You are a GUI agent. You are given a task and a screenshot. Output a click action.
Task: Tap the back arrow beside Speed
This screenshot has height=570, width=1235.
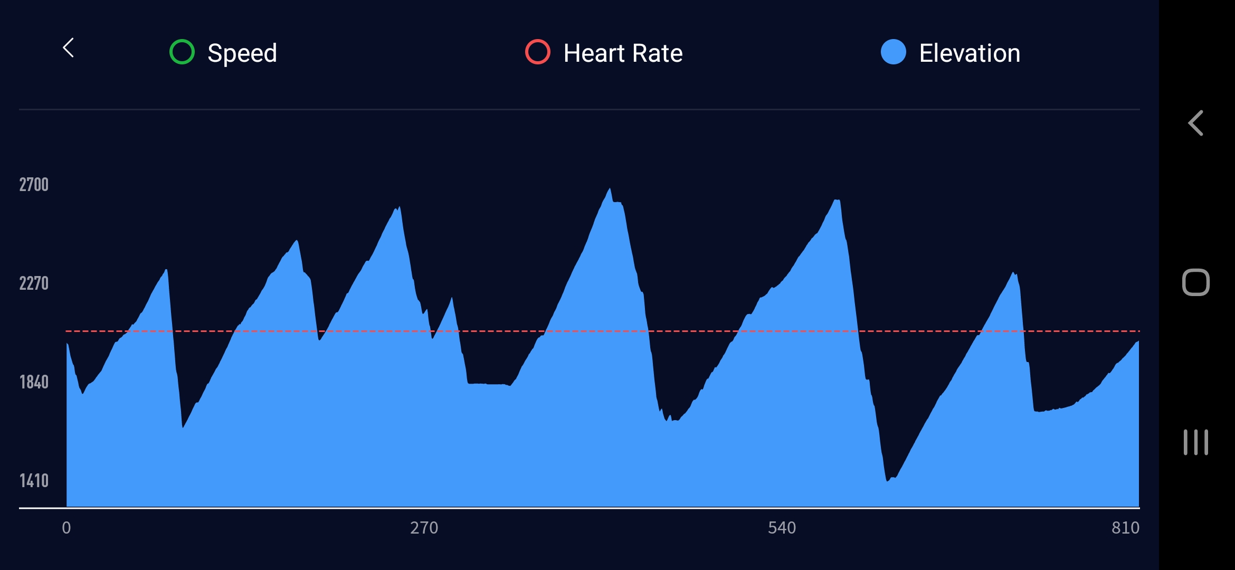pos(69,48)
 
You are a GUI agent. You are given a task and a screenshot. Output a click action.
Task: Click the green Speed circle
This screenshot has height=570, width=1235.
pos(182,52)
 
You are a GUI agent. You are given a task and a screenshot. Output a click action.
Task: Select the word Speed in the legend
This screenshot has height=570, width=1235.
pos(242,53)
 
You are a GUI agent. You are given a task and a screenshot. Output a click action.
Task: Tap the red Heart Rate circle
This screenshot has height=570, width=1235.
pos(538,52)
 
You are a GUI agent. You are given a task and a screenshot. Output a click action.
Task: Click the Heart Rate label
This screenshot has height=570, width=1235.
pos(623,53)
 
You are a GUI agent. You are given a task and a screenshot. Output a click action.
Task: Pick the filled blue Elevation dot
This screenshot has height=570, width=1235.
pos(894,52)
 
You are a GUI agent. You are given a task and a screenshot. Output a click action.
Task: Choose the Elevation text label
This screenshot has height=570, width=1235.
pos(970,53)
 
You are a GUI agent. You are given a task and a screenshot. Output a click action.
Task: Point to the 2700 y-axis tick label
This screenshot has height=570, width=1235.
pos(34,185)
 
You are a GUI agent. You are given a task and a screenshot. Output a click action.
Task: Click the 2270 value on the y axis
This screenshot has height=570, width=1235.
pos(34,283)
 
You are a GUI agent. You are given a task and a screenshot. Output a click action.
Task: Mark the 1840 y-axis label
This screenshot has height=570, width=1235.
pos(34,382)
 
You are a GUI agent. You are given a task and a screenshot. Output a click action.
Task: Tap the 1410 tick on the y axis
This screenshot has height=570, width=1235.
pos(34,481)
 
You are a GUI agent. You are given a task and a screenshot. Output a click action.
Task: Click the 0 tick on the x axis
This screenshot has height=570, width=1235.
pos(66,528)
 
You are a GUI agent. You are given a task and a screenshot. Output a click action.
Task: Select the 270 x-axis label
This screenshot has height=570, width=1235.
pos(424,528)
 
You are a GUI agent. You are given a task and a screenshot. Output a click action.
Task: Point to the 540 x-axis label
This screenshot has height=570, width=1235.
pos(782,528)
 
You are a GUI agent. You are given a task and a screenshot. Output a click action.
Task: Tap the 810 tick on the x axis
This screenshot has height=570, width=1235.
pos(1125,528)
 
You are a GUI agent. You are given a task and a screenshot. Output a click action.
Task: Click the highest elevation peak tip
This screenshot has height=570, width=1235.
pos(610,189)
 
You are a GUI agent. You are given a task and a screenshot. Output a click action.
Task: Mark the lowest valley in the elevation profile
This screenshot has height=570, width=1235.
pos(888,480)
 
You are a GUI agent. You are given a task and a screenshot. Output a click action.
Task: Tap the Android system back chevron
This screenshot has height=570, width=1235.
pos(1195,123)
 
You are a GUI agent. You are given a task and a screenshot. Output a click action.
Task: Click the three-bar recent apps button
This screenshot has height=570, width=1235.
pos(1195,442)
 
